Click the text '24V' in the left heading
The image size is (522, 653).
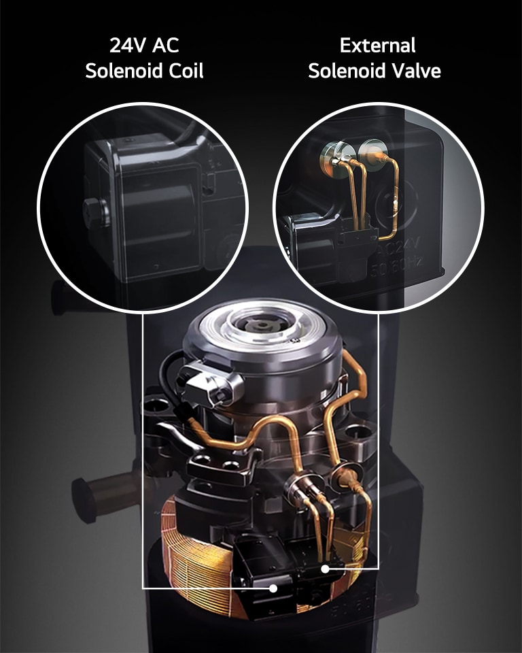pyautogui.click(x=128, y=46)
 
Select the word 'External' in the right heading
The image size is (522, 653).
pyautogui.click(x=377, y=46)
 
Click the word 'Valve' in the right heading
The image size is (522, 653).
pyautogui.click(x=417, y=71)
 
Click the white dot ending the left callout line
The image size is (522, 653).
pyautogui.click(x=273, y=588)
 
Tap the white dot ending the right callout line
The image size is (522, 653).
pyautogui.click(x=325, y=569)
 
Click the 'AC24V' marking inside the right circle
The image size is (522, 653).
pyautogui.click(x=398, y=245)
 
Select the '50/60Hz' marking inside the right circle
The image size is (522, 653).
pyautogui.click(x=396, y=264)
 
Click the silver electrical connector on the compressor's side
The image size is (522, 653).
pyautogui.click(x=209, y=384)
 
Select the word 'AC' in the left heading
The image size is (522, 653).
pyautogui.click(x=165, y=46)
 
